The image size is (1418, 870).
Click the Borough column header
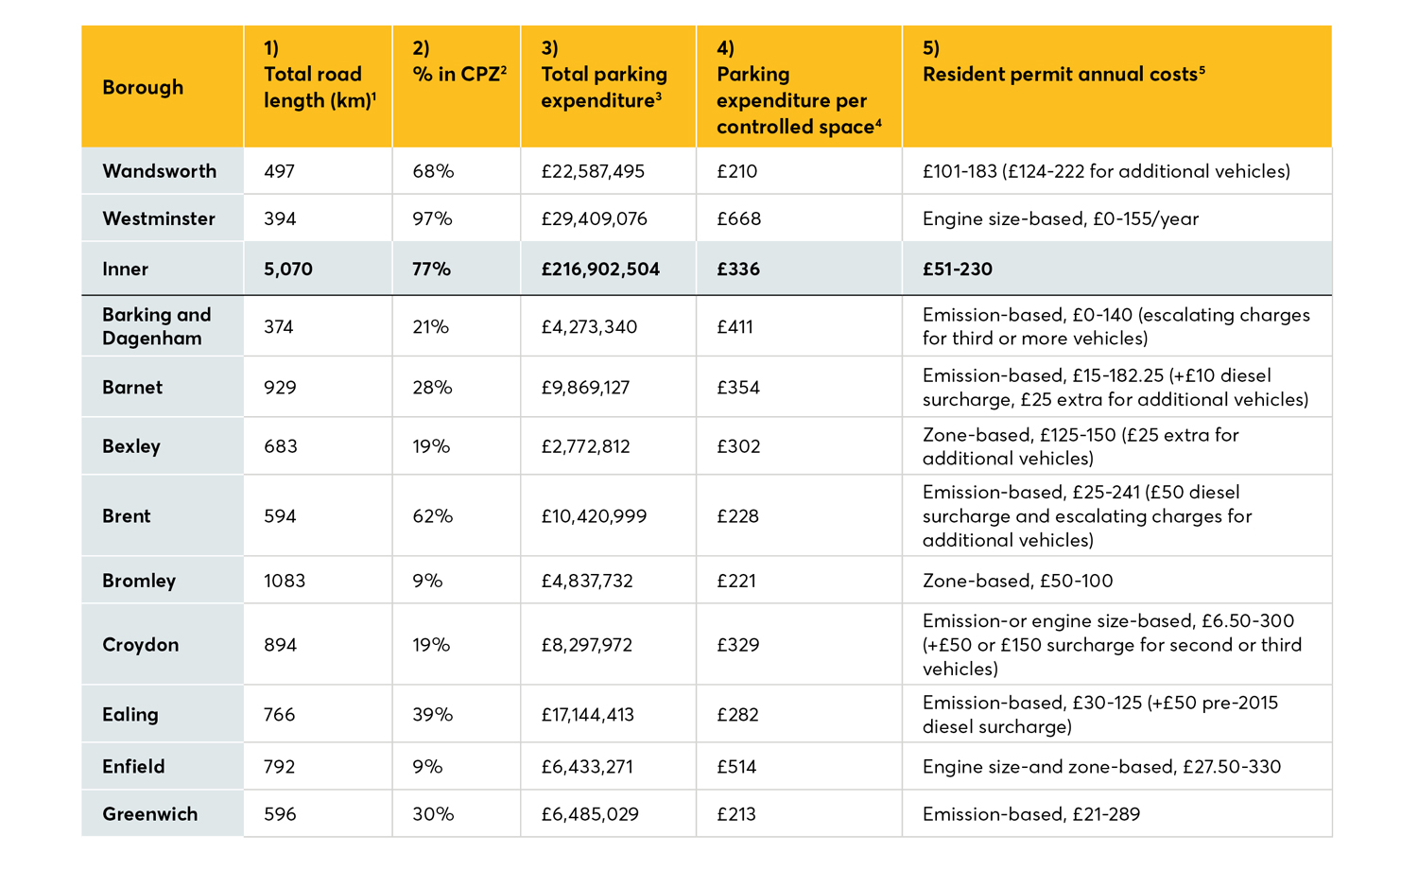(143, 87)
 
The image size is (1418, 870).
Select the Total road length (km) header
(319, 87)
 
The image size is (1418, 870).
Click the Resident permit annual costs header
(1063, 74)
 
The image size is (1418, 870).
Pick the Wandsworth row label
(159, 171)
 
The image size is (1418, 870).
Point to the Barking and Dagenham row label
(157, 326)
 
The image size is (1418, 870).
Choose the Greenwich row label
(150, 814)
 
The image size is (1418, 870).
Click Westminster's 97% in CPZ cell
(432, 218)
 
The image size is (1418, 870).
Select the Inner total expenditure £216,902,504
(600, 269)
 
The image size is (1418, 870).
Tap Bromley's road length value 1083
(285, 581)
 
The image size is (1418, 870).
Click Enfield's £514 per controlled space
(736, 767)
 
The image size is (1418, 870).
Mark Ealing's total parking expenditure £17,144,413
(595, 715)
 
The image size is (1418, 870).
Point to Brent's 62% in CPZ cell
(432, 516)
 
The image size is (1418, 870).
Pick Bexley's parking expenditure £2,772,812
(585, 446)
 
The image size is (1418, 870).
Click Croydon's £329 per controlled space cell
(738, 645)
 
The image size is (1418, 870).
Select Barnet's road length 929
(280, 388)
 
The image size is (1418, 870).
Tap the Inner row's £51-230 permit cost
(957, 269)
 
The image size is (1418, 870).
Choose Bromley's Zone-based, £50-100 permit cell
(1017, 581)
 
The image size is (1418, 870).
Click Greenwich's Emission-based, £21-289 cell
(1030, 814)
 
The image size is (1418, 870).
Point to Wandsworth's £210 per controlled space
(736, 171)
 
